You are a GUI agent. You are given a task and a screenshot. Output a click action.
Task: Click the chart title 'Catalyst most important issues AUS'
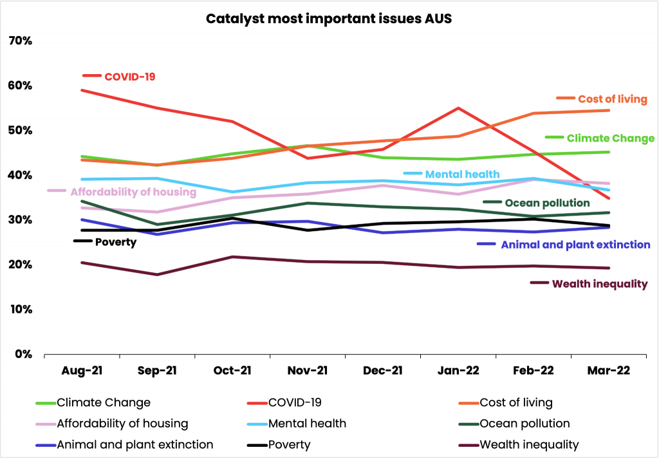[329, 18]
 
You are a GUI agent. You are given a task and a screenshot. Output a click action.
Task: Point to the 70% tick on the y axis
[20, 41]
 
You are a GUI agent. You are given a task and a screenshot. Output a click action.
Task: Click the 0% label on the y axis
[23, 354]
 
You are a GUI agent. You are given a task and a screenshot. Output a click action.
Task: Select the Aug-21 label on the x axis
[81, 371]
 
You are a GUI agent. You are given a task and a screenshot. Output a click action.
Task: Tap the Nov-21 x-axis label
[307, 371]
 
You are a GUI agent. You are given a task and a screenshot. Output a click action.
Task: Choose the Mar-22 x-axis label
[608, 371]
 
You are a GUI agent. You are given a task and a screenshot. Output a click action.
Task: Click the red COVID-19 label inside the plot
[129, 77]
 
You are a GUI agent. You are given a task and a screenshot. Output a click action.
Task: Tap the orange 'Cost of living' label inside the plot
[612, 99]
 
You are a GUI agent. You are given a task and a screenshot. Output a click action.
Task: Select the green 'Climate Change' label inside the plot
[610, 138]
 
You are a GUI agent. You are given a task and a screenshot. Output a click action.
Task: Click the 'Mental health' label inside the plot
[462, 174]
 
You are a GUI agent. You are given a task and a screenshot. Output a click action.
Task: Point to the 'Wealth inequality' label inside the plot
[599, 284]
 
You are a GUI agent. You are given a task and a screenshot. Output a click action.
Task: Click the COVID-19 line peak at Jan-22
[458, 108]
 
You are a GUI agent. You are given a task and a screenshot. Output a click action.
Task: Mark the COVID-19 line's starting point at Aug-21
[81, 90]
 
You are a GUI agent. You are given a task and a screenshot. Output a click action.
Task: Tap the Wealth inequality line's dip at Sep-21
[156, 275]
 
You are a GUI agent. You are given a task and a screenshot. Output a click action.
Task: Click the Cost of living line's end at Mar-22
[609, 110]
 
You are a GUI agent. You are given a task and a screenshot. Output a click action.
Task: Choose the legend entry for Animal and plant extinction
[135, 445]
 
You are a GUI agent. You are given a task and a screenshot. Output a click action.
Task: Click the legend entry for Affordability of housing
[122, 424]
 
